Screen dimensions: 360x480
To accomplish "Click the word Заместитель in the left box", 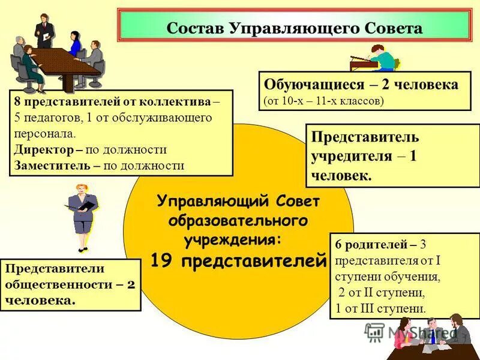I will pos(52,165).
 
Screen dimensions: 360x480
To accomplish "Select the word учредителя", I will pos(352,156).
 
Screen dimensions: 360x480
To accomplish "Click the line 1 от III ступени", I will pos(380,309).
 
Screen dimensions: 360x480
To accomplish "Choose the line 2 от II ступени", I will pos(382,293).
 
